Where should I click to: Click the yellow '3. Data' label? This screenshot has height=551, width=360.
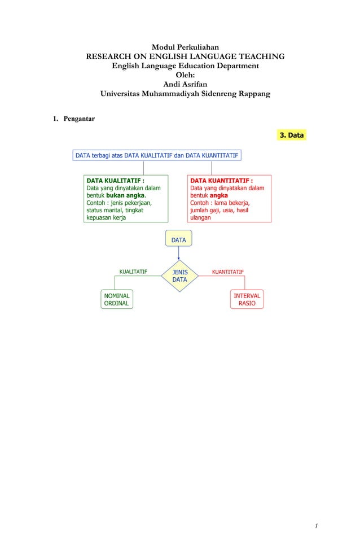pos(292,135)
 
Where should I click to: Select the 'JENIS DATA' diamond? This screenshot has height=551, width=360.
pos(179,275)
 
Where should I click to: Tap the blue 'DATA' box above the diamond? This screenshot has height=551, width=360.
pos(178,240)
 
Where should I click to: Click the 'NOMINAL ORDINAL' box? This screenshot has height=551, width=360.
pos(116,299)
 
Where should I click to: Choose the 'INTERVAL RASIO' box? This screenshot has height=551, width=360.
pos(247,299)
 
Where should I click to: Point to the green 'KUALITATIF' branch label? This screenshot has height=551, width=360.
pos(133,272)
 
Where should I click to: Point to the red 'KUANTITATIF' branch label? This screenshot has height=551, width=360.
pos(227,272)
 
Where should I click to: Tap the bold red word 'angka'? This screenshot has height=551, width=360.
pos(219,195)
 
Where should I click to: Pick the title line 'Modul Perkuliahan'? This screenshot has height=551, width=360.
pos(185,47)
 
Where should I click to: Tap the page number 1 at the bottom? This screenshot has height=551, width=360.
pos(317,526)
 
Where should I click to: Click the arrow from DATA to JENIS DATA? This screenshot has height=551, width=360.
pos(178,255)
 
